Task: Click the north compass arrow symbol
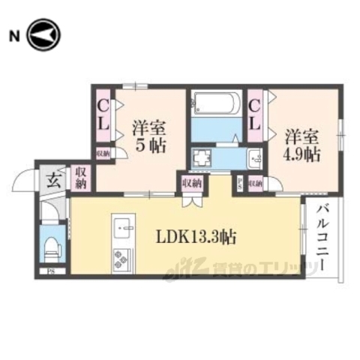[43, 34]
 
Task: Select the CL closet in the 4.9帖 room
[255, 119]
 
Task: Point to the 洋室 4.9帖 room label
[302, 145]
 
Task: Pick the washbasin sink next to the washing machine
[253, 158]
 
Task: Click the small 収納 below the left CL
[103, 153]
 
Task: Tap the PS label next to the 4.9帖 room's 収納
[240, 182]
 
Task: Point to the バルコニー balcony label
[322, 237]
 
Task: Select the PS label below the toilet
[51, 272]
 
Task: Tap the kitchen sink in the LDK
[122, 226]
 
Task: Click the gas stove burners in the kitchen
[120, 259]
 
